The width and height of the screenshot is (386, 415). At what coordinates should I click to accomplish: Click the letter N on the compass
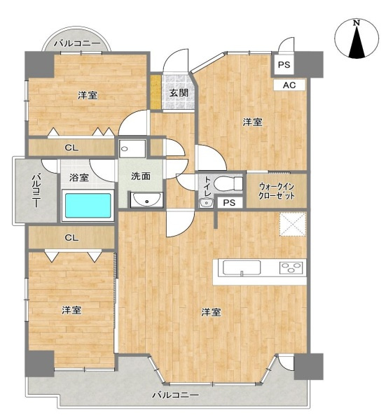(357, 23)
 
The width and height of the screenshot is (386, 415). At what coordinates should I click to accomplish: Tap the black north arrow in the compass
(357, 43)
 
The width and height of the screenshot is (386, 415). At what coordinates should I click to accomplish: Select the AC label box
(289, 85)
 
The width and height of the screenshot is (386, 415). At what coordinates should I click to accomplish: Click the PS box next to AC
(284, 65)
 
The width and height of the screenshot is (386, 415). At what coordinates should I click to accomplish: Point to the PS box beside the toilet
(229, 203)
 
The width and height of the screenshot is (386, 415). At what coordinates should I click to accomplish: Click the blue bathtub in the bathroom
(88, 206)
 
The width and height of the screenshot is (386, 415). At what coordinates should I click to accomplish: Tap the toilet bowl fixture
(228, 183)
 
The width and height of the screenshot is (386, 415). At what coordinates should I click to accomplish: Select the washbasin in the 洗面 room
(146, 199)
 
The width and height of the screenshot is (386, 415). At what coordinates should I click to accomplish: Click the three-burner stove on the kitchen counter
(291, 267)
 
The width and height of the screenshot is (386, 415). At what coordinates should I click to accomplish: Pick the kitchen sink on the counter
(242, 268)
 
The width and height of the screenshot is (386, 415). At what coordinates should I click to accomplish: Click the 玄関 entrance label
(179, 93)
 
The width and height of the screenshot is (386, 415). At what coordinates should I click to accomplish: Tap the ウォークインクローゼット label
(277, 191)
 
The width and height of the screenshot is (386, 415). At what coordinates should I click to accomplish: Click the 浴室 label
(79, 177)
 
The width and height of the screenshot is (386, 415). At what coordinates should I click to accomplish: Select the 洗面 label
(141, 176)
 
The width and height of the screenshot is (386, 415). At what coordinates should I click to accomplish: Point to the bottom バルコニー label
(175, 395)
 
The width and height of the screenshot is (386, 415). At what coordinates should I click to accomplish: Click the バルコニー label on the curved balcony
(77, 43)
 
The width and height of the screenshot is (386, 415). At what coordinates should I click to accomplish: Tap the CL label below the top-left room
(71, 148)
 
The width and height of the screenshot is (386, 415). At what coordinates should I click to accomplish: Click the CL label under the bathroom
(71, 238)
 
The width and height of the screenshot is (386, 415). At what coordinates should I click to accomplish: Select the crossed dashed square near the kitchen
(293, 224)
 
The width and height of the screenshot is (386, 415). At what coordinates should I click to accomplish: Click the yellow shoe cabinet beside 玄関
(156, 92)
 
